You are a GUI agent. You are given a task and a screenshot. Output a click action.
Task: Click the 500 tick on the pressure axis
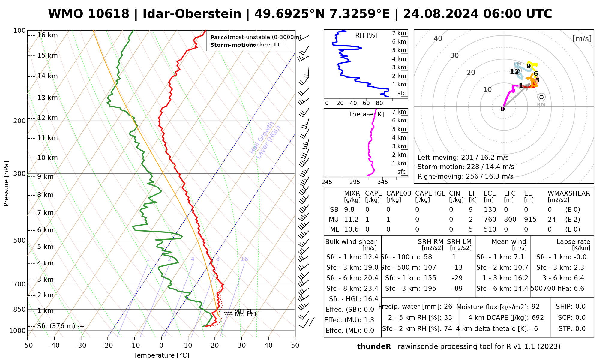point(20,240)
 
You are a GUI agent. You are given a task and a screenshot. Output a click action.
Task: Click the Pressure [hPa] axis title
point(6,184)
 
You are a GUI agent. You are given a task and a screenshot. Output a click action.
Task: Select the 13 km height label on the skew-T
point(47,98)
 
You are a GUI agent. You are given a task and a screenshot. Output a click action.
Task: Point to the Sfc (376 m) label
point(56,326)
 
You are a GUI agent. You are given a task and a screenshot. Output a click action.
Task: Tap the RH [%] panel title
point(366,35)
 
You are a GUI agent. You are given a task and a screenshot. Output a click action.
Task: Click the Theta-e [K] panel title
point(366,114)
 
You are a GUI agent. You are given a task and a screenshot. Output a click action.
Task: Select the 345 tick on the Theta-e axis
point(382,182)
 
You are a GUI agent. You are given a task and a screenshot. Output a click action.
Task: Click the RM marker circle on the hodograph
point(541,97)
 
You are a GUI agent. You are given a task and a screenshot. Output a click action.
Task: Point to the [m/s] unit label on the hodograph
point(582,39)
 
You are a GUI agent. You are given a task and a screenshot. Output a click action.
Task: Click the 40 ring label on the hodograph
point(438,38)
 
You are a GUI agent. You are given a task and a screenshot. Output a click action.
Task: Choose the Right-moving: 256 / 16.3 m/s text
point(465,176)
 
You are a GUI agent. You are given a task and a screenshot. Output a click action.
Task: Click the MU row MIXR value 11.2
point(351,220)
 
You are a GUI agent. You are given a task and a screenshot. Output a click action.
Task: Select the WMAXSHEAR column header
point(569,193)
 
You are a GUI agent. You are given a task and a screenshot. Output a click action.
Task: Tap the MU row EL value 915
point(530,220)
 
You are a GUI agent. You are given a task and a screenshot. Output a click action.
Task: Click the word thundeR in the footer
point(374,347)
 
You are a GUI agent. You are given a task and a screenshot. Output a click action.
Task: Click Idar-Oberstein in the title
point(192,14)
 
